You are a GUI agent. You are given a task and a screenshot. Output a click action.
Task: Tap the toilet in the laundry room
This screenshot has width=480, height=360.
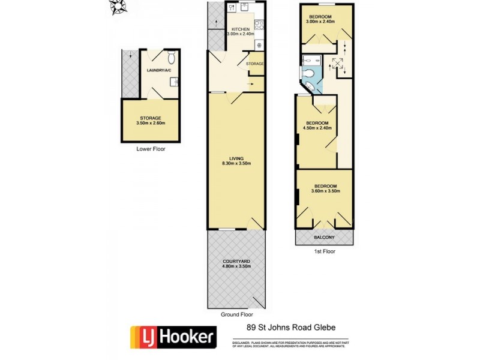172,58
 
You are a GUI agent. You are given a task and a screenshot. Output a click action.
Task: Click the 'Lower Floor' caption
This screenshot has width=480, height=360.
151,148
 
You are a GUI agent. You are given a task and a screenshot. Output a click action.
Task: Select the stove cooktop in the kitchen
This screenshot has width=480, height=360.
259,26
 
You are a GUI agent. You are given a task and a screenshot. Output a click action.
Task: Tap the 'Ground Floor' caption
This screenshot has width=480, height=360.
236,314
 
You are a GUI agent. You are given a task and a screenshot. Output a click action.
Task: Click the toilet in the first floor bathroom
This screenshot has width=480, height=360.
308,74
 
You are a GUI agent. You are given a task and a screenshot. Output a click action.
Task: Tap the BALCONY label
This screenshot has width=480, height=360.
325,238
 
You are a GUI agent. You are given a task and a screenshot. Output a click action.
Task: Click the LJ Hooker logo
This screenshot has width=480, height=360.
173,337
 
